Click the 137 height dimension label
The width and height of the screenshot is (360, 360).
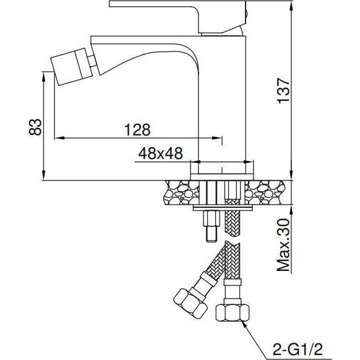283,91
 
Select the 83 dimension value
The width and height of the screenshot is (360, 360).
35,127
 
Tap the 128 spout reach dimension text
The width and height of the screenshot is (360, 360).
137,130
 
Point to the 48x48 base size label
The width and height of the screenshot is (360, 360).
160,153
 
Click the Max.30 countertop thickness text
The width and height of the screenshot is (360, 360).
283,245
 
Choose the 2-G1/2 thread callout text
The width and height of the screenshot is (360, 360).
298,349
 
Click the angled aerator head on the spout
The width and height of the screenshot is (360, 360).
71,67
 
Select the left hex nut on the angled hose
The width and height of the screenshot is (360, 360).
191,304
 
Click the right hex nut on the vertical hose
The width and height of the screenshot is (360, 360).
233,312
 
